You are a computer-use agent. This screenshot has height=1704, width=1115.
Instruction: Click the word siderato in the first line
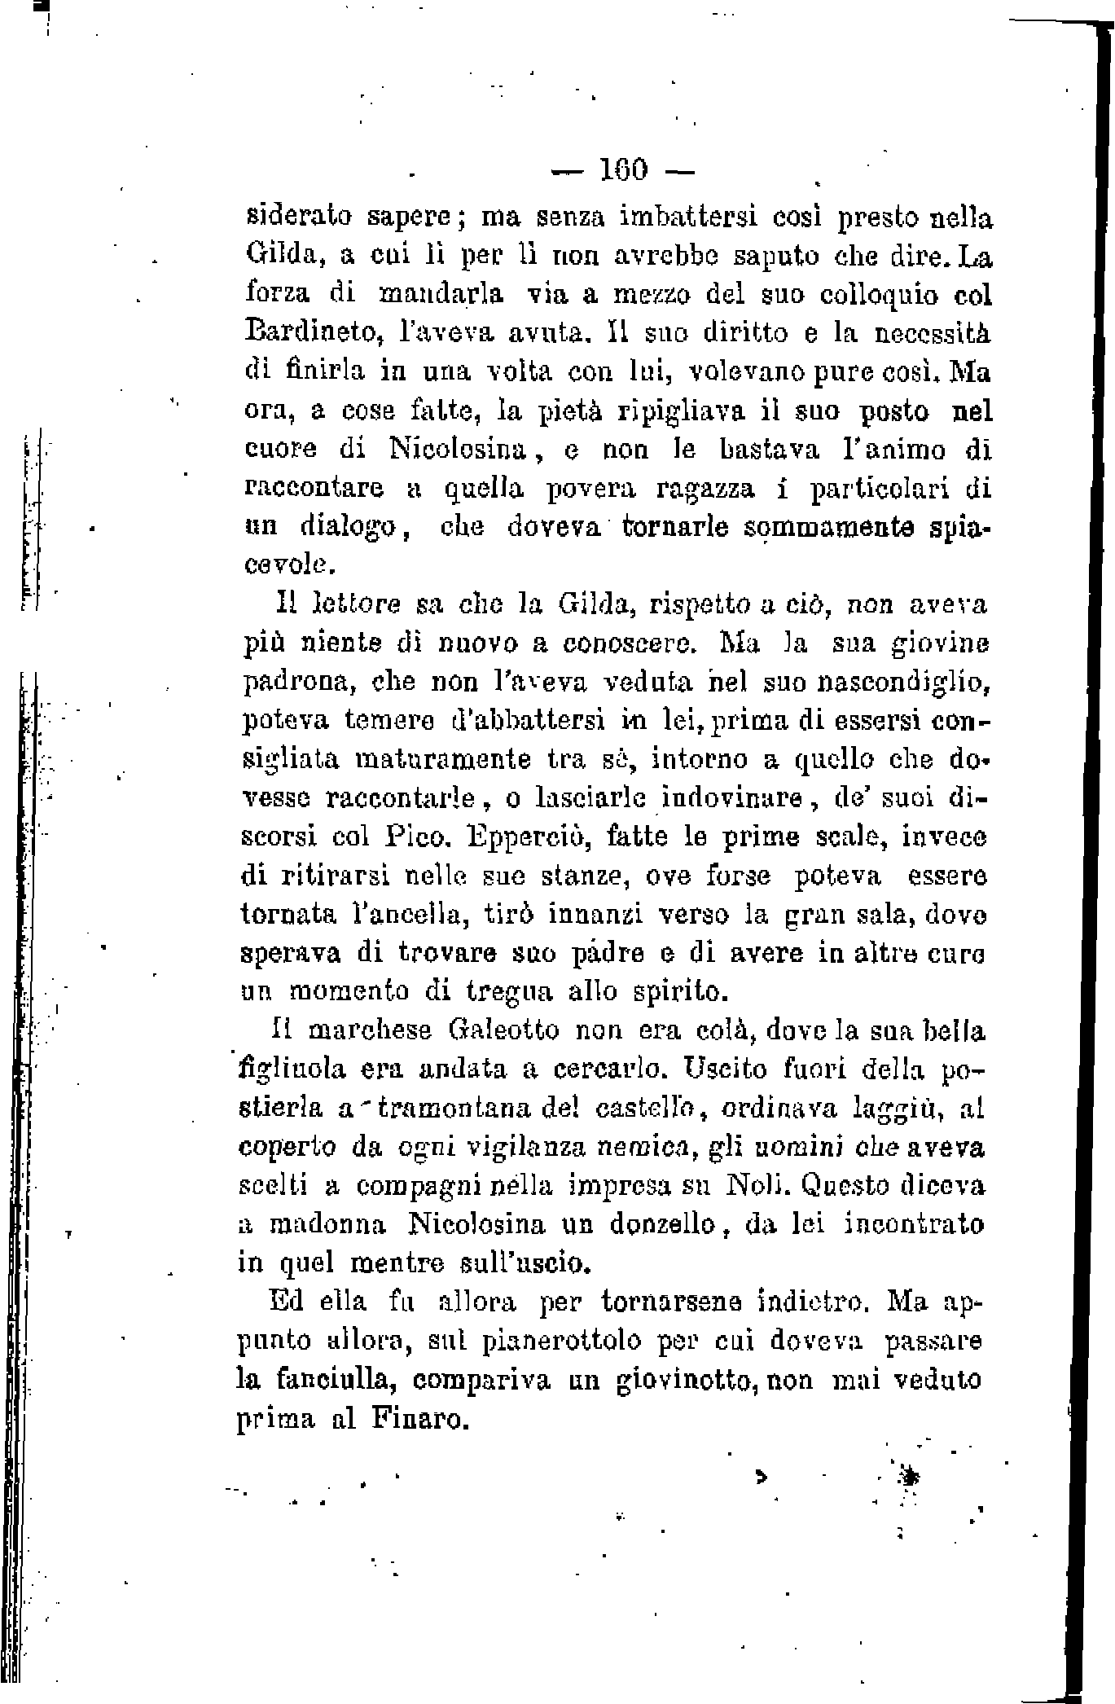click(298, 219)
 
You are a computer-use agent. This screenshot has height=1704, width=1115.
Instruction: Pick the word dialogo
click(346, 529)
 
